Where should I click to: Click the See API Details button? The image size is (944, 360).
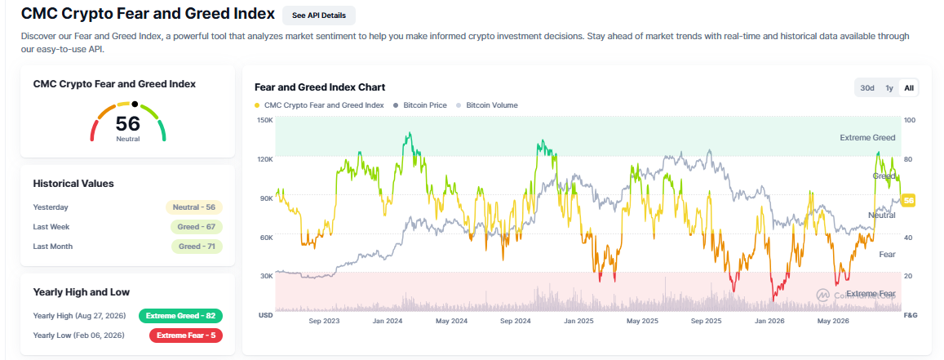318,15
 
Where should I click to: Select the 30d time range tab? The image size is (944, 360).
867,88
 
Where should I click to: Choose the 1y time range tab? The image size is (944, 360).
889,88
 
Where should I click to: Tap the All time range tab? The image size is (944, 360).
908,88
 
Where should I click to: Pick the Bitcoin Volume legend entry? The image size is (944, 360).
487,105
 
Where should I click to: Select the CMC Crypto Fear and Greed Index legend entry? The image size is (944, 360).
319,105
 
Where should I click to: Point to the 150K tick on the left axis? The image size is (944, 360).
265,120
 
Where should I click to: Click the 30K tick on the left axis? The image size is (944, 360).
267,276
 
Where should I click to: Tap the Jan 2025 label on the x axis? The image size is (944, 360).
578,322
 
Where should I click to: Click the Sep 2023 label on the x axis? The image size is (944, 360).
325,322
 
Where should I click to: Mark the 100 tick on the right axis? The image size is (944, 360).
910,120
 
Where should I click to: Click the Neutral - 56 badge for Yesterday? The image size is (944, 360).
194,207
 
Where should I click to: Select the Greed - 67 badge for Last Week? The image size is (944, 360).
197,227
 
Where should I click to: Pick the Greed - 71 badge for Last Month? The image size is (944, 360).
197,247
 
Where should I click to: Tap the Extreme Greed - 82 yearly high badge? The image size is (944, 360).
180,315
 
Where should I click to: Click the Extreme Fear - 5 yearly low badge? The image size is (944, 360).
186,336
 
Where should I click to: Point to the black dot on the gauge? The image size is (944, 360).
135,104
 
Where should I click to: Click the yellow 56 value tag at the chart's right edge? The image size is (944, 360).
908,201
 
